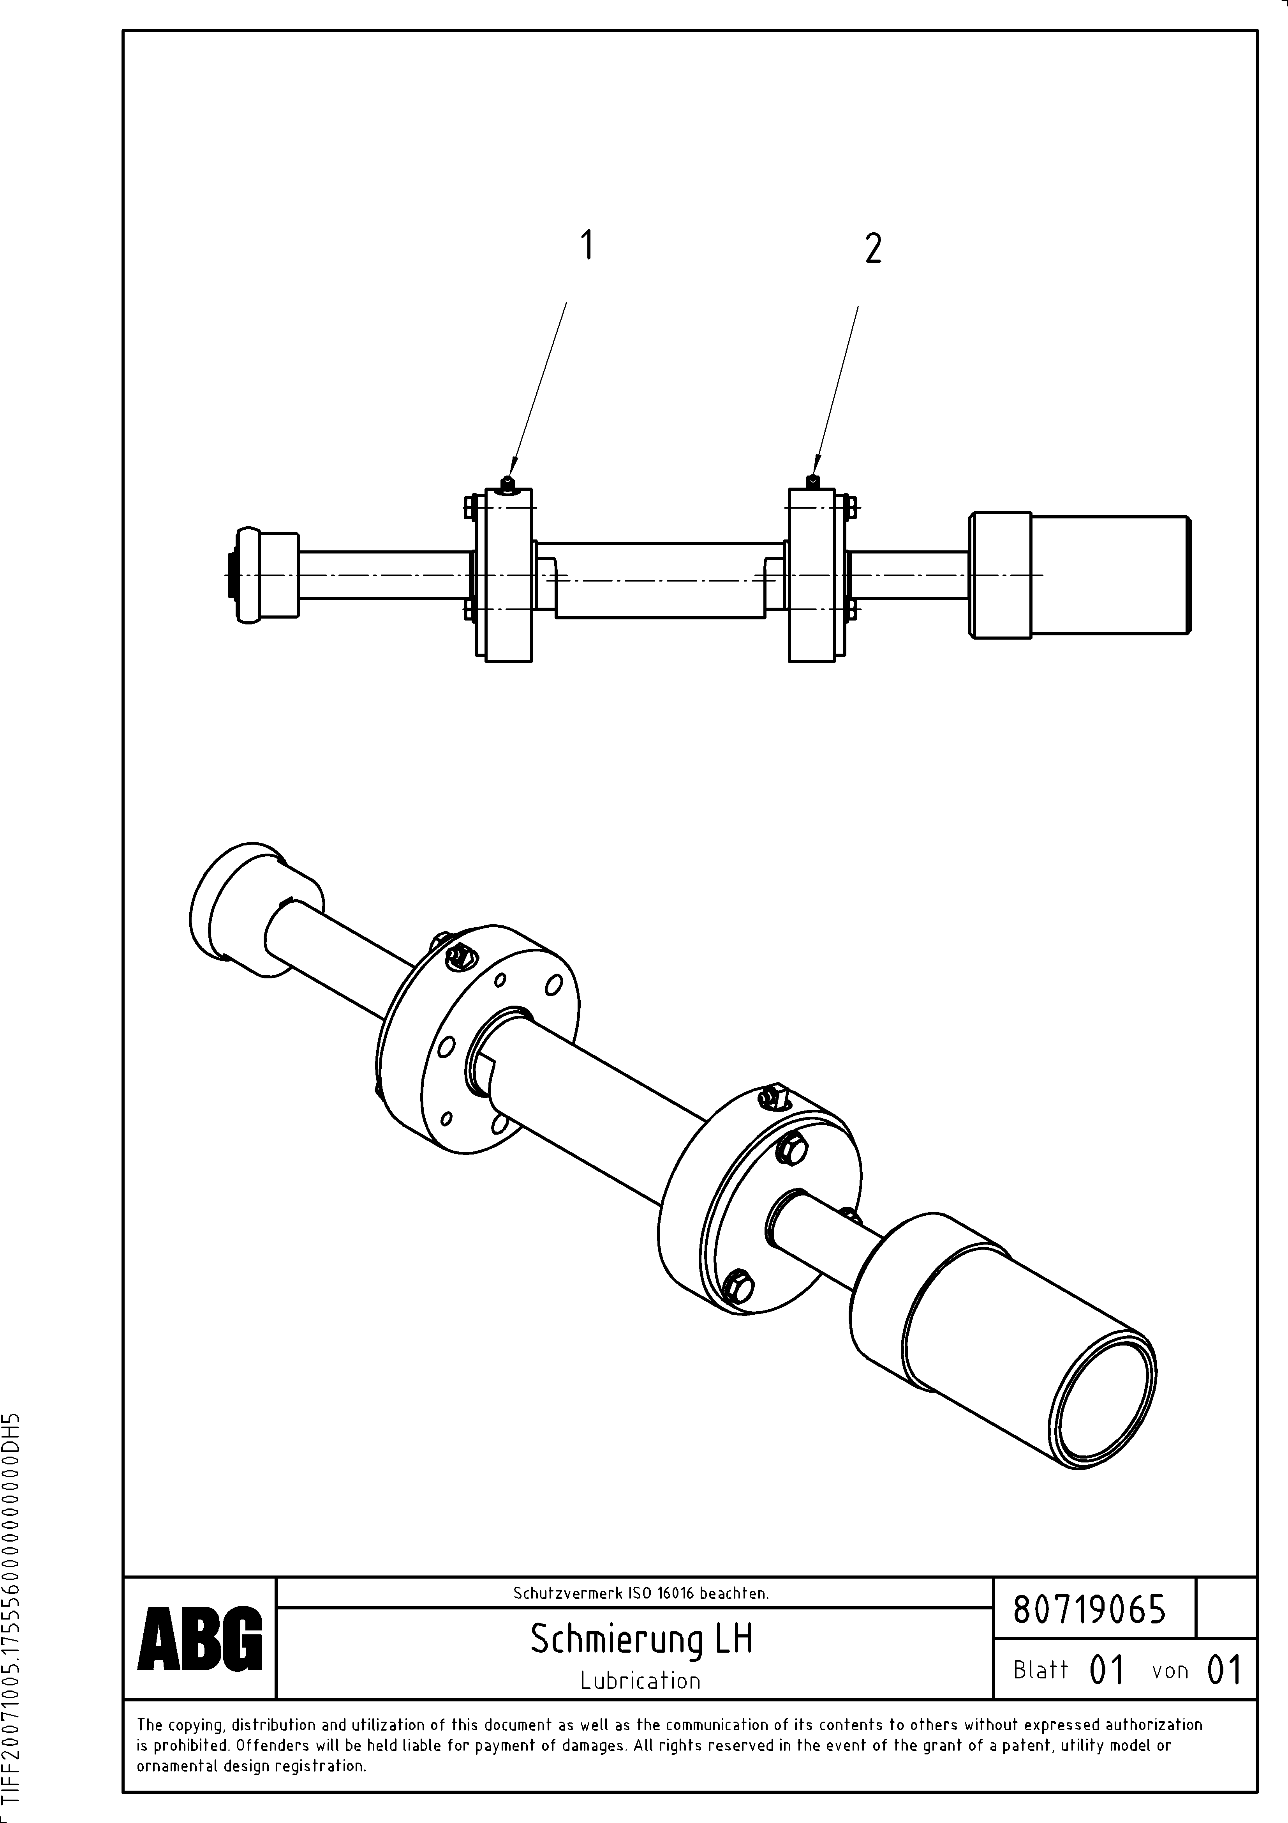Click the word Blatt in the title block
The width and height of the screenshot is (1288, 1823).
(1040, 1670)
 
